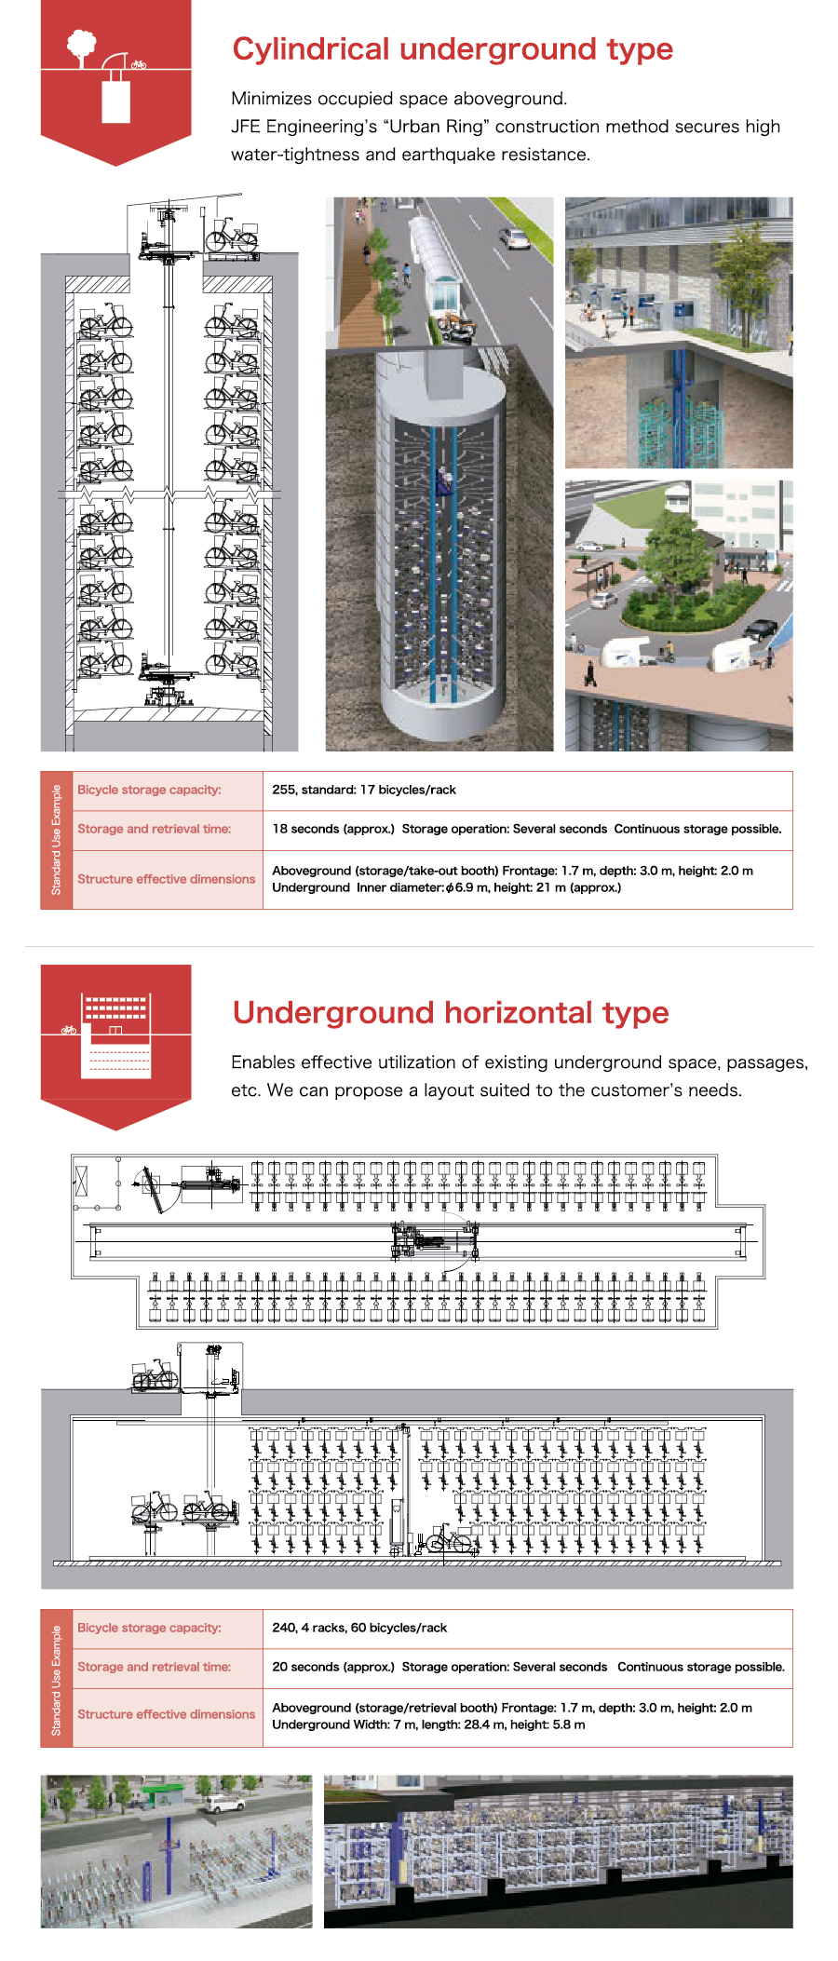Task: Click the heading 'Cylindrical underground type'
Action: [452, 49]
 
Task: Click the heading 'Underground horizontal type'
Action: [450, 1012]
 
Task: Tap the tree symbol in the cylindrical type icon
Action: [82, 45]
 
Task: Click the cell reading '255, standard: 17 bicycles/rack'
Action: [364, 790]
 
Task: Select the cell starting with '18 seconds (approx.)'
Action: [526, 829]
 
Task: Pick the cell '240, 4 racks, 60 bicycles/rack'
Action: [359, 1628]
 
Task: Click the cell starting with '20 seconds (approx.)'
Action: [528, 1667]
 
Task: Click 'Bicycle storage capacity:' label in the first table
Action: [149, 790]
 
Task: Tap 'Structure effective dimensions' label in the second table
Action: [166, 1714]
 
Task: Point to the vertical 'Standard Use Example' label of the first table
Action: [56, 840]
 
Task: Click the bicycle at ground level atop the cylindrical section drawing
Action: [231, 237]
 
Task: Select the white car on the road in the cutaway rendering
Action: [515, 238]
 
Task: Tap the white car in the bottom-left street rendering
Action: [223, 1803]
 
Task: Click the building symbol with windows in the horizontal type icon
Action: [115, 1008]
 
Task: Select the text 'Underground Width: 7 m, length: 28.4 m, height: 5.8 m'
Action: [428, 1724]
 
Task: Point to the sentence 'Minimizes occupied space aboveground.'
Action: [399, 99]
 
